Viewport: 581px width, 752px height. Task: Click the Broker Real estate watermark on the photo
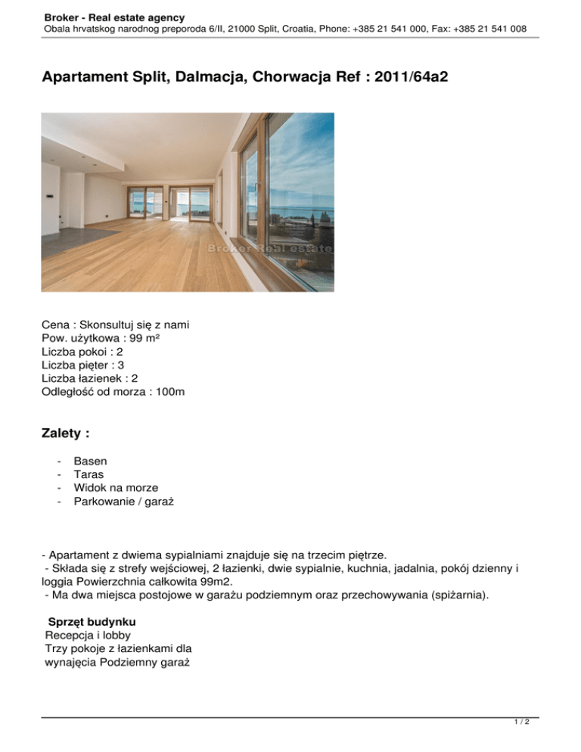(x=269, y=248)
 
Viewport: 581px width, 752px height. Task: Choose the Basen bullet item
(x=90, y=461)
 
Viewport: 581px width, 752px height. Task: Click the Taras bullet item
(x=89, y=474)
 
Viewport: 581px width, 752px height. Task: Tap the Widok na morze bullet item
(x=116, y=488)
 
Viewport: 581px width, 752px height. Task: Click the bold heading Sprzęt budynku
(x=92, y=621)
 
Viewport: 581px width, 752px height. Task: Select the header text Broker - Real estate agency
(x=114, y=17)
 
